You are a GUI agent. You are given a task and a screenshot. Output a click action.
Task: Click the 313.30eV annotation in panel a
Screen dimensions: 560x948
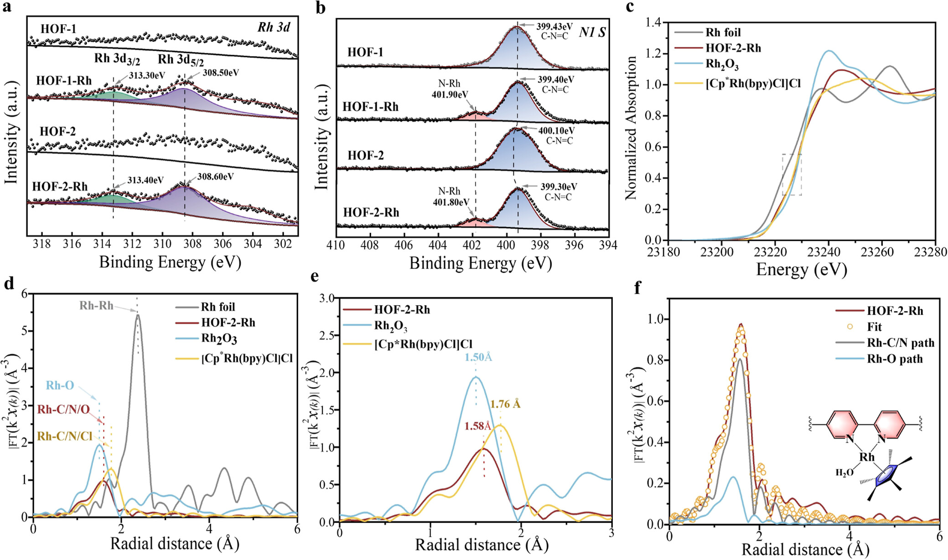point(146,75)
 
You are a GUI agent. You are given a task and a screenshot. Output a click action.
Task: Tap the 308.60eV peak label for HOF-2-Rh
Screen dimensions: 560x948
point(215,176)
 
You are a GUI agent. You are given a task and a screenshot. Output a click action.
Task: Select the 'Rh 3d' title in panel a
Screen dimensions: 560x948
point(273,27)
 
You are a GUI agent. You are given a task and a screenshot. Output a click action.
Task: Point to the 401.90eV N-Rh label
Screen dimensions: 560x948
point(450,95)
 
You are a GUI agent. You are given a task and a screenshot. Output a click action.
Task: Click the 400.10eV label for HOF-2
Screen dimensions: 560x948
point(556,131)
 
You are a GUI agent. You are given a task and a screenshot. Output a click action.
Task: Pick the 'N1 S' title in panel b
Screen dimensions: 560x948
point(592,32)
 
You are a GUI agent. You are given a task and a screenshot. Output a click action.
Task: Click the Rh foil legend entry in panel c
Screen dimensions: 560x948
point(723,32)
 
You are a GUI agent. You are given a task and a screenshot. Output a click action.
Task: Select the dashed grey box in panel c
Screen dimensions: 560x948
point(792,175)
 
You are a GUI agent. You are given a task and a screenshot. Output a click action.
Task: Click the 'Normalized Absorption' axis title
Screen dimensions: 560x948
point(632,129)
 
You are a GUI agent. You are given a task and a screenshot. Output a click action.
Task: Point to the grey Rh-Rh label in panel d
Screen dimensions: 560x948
point(96,306)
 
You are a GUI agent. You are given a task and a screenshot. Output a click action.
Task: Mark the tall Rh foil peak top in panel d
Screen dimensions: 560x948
point(138,315)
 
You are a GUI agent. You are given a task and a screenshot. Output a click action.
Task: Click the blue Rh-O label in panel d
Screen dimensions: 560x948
point(60,385)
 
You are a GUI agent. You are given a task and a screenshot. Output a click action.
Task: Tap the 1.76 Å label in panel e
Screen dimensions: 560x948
point(505,404)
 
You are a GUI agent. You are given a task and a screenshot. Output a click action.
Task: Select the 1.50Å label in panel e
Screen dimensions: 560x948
point(478,357)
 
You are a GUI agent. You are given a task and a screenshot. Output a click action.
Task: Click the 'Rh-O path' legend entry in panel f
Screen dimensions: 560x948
point(895,359)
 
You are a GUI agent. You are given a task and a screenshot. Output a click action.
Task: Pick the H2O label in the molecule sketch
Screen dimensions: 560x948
point(844,473)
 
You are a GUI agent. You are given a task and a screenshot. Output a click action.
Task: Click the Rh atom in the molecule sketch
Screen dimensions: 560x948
point(867,457)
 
